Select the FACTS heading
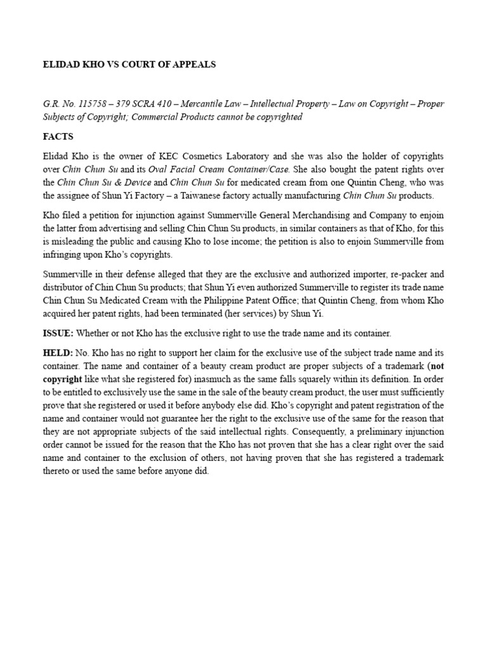pyautogui.click(x=58, y=136)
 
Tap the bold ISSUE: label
pyautogui.click(x=58, y=333)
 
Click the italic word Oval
pyautogui.click(x=157, y=169)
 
